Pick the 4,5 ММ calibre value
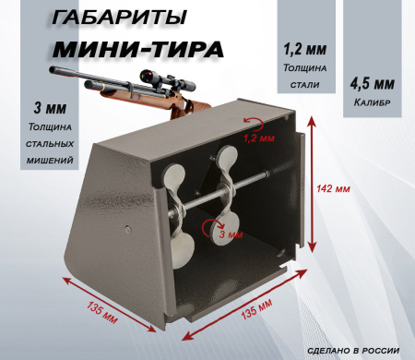[373, 84]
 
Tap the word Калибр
[373, 103]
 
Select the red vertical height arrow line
[314, 189]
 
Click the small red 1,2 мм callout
[262, 138]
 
